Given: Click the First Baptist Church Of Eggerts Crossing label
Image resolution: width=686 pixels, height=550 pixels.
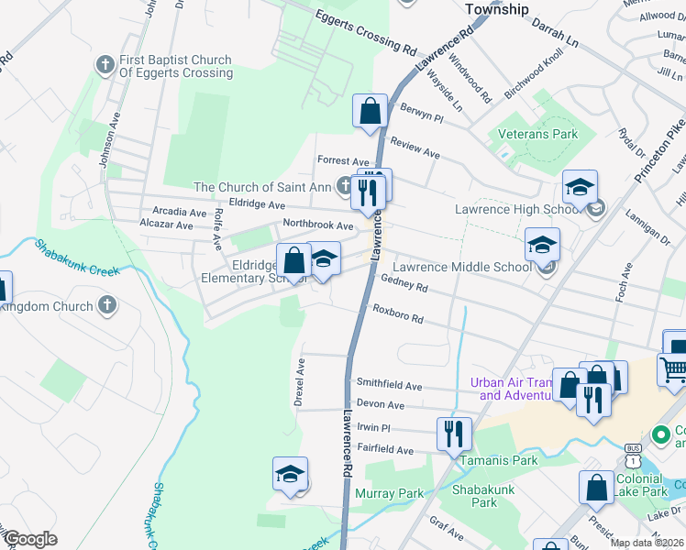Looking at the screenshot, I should tap(175, 67).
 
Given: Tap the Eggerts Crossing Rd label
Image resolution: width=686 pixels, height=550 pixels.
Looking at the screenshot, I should tap(365, 31).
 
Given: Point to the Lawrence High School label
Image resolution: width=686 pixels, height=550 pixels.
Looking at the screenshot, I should tap(517, 210).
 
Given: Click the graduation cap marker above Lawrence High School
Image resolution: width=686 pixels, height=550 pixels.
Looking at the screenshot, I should tap(579, 188).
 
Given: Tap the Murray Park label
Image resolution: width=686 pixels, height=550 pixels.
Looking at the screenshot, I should tap(389, 493).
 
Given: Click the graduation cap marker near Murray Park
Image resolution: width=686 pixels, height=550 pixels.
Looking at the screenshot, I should tap(290, 474).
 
